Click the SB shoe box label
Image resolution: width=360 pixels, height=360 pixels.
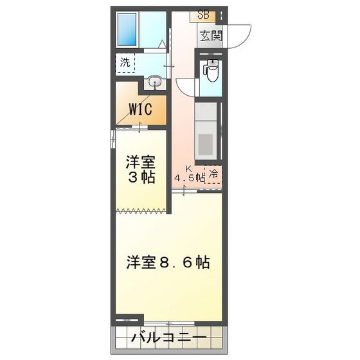pos(203,15)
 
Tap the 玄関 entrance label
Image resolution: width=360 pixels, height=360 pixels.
pos(211,35)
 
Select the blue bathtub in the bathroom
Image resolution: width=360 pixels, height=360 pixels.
pos(127,30)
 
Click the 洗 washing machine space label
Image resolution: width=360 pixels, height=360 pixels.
pos(125,62)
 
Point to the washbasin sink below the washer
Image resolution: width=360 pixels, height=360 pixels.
pos(155,82)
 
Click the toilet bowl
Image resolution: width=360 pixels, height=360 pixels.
pos(212,70)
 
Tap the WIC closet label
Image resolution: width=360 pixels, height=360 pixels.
pos(140,109)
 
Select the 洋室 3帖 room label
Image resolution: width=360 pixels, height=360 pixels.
pos(141,170)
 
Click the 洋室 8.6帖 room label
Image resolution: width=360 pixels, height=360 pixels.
pos(168,262)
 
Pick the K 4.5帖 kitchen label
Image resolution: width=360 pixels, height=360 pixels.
pos(189,174)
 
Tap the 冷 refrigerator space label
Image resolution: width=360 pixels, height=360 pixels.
pos(213,174)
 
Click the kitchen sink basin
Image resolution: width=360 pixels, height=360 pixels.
pos(206,144)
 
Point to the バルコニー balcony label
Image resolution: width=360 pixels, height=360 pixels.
pos(168,337)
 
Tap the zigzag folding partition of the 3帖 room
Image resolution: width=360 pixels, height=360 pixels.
pos(141,211)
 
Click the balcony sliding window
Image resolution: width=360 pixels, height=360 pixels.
pos(169,323)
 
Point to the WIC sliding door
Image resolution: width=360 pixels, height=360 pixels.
pos(132,127)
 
